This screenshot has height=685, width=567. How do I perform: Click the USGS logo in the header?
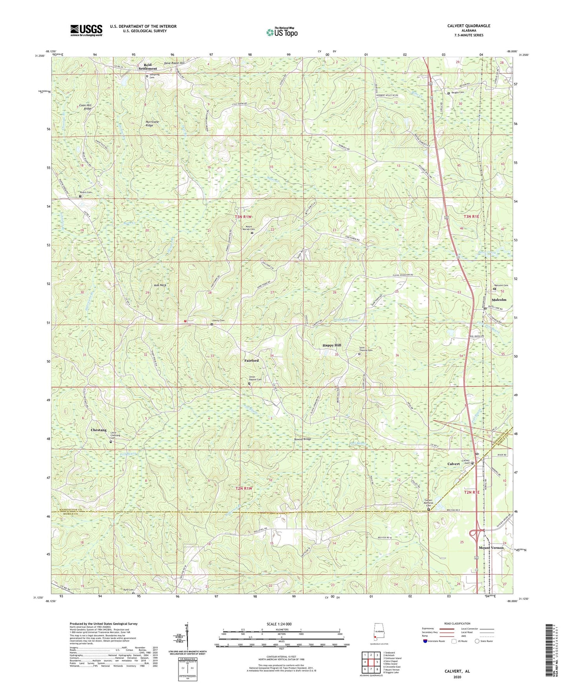pyautogui.click(x=86, y=30)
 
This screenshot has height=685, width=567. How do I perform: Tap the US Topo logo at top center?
pyautogui.click(x=282, y=32)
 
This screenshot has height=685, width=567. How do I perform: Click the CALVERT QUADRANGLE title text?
pyautogui.click(x=469, y=26)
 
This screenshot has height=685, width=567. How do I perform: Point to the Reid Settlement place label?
pyautogui.click(x=148, y=67)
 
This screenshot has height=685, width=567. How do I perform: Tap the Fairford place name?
pyautogui.click(x=252, y=360)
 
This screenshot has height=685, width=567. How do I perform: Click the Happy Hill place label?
pyautogui.click(x=332, y=345)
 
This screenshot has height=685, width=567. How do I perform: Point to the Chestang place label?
pyautogui.click(x=98, y=430)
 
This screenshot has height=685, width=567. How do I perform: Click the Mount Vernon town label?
pyautogui.click(x=491, y=548)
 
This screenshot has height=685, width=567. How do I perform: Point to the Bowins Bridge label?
pyautogui.click(x=303, y=439)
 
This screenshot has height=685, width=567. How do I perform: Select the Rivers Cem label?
pyautogui.click(x=86, y=193)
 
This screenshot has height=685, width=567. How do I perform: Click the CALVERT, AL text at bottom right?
pyautogui.click(x=457, y=671)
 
